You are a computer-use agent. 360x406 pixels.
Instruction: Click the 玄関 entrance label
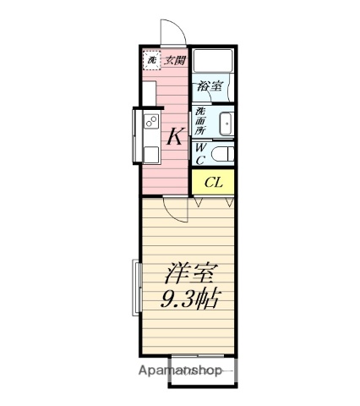click(175, 60)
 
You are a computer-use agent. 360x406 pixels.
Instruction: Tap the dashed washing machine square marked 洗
click(151, 60)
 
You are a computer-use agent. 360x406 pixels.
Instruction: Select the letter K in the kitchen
click(176, 136)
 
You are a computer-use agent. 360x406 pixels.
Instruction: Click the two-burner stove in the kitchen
click(151, 121)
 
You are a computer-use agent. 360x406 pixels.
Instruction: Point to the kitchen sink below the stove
click(151, 155)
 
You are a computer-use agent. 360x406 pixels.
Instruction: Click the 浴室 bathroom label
click(210, 86)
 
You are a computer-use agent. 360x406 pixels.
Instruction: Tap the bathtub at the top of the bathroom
click(213, 61)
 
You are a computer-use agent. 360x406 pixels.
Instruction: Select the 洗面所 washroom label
click(200, 121)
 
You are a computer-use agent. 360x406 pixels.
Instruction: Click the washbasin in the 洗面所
click(226, 123)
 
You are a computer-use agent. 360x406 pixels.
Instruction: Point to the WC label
click(200, 154)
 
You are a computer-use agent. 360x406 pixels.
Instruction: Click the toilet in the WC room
click(222, 155)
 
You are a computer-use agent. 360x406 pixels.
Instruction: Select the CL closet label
click(214, 183)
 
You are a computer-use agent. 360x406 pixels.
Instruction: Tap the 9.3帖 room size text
click(189, 299)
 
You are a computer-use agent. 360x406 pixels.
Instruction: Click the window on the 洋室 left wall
click(137, 288)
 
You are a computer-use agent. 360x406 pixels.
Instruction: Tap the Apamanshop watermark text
click(180, 370)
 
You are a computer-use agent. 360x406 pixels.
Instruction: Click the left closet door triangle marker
click(199, 202)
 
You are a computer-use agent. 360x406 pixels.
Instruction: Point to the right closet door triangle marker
click(230, 202)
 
